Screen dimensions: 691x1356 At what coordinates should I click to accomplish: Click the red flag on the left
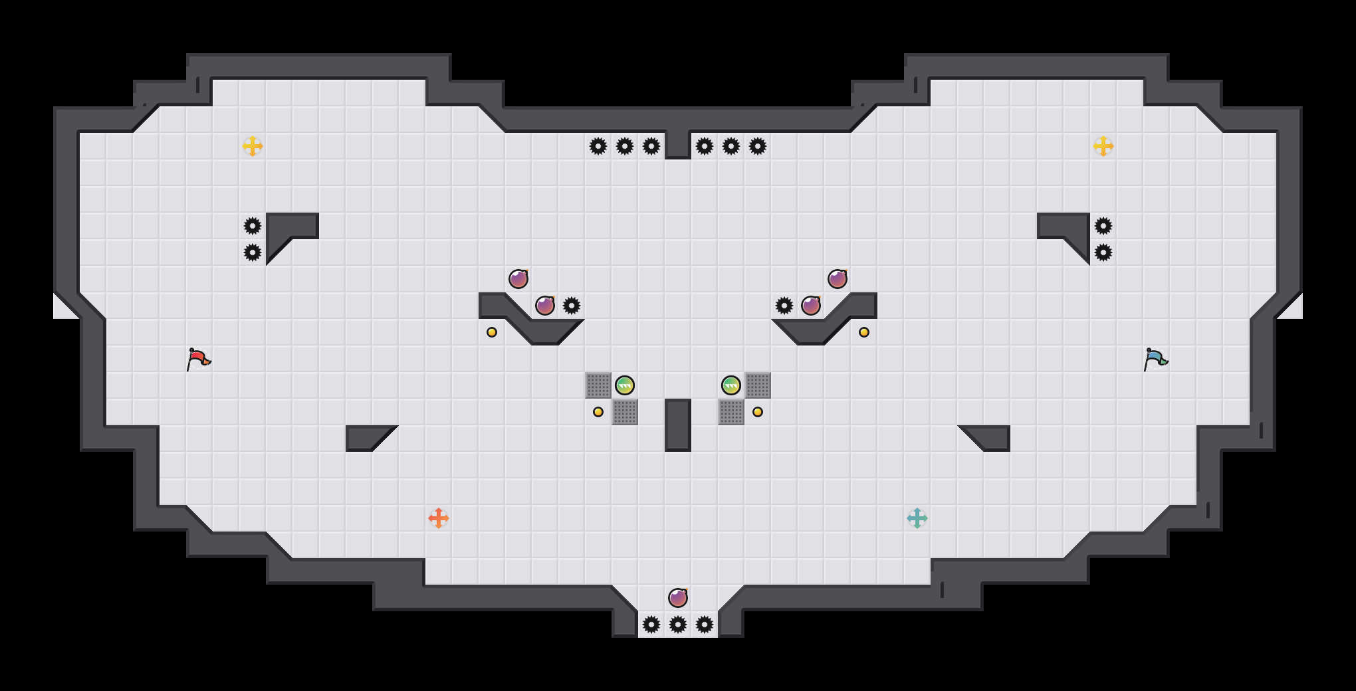click(198, 359)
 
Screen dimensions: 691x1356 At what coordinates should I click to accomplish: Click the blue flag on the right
click(1155, 359)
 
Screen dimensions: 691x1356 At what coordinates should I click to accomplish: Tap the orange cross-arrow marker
click(439, 518)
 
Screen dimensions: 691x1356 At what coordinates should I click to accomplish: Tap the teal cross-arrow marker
click(917, 518)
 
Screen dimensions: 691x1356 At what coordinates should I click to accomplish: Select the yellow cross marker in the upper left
click(253, 146)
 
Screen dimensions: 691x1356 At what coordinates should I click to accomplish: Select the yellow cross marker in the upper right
click(1103, 146)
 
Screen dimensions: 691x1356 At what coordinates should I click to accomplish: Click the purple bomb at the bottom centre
click(678, 598)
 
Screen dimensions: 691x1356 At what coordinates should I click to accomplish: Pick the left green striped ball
click(625, 385)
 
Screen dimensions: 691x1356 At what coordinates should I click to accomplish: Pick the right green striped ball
click(731, 385)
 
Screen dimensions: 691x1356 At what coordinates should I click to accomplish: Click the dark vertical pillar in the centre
click(678, 425)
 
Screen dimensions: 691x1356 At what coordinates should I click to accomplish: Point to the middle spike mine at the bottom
click(678, 625)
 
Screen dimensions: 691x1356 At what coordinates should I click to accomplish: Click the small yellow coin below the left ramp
click(492, 332)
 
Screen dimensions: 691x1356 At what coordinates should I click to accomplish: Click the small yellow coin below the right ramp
click(864, 332)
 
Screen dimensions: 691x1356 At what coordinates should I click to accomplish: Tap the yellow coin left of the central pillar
click(598, 412)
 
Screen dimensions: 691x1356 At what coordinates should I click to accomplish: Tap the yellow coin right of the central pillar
click(758, 412)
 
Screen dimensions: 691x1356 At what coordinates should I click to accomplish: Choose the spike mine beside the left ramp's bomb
click(572, 306)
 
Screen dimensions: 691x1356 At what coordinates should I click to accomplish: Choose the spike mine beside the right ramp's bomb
click(784, 306)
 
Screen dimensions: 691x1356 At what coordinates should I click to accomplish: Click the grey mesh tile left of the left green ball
click(598, 385)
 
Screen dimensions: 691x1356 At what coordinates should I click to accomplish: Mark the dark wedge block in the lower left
click(366, 437)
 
